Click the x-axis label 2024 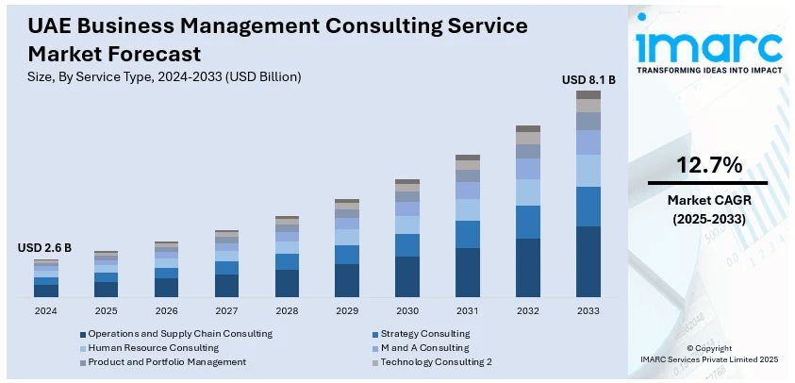pyautogui.click(x=45, y=310)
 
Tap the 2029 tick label pyautogui.click(x=347, y=310)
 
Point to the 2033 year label pyautogui.click(x=588, y=310)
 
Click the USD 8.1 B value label pyautogui.click(x=588, y=80)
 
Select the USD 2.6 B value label pyautogui.click(x=44, y=248)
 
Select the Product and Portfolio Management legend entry pyautogui.click(x=167, y=361)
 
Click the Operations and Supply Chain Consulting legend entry pyautogui.click(x=180, y=333)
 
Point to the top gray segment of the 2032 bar pyautogui.click(x=528, y=128)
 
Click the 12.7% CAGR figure pyautogui.click(x=708, y=166)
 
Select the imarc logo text pyautogui.click(x=708, y=45)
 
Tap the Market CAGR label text pyautogui.click(x=708, y=200)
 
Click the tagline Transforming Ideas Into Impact pyautogui.click(x=708, y=70)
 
